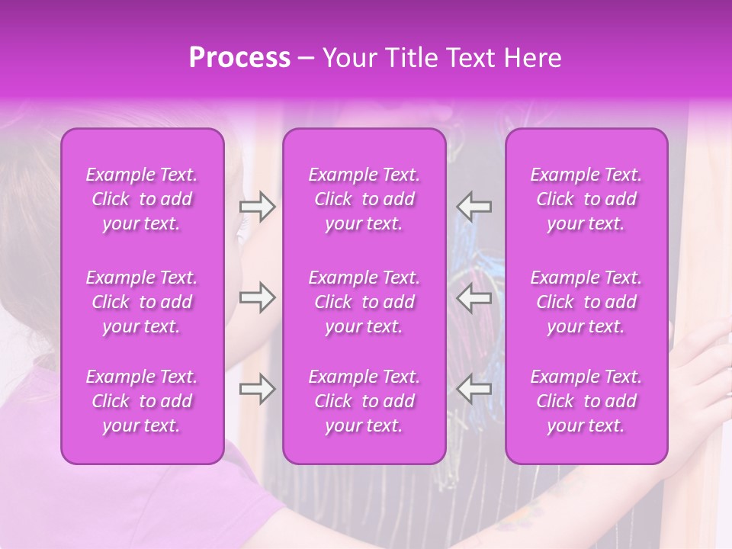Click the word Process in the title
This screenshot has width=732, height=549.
pos(239,58)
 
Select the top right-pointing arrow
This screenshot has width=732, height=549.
pos(257,207)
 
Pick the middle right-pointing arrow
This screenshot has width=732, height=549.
pos(257,297)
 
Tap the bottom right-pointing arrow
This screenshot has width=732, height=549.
pos(257,389)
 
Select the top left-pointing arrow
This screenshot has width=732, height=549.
pos(474,207)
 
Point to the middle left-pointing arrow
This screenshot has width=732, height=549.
pos(474,297)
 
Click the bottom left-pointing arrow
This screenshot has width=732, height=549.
pos(474,389)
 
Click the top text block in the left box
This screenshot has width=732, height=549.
pos(142,199)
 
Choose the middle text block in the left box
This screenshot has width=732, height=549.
pos(142,302)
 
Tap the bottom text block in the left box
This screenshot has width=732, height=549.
pos(142,401)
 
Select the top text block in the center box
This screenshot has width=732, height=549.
pos(364,199)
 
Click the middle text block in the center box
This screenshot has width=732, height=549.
pos(364,302)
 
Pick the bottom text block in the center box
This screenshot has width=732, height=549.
pos(364,401)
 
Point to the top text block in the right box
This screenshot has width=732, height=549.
pos(586,199)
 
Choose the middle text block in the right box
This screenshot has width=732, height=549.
pos(586,302)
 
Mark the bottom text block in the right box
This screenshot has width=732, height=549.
pos(586,401)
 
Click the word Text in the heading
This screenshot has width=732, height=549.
pos(473,58)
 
